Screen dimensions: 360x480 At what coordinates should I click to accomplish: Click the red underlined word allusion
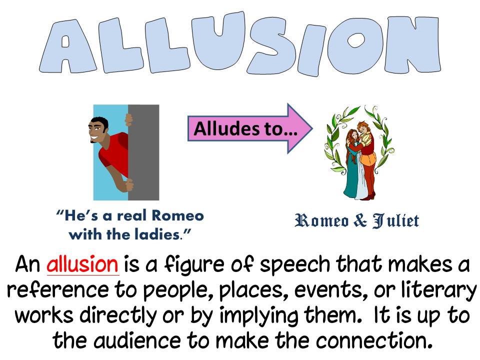pos(83,264)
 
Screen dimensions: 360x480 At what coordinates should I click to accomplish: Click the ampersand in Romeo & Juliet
pos(359,220)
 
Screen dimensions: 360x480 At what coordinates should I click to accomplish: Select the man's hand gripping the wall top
pos(129,119)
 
